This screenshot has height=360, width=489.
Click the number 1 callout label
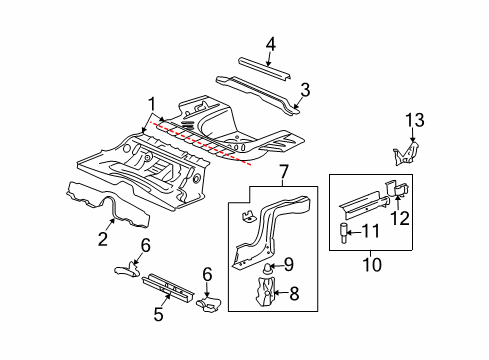[x=153, y=103]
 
